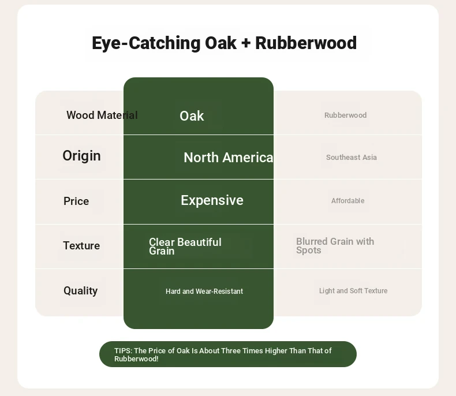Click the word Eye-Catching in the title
coord(146,43)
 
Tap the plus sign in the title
coord(246,43)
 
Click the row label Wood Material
coord(102,115)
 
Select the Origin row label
coord(82,156)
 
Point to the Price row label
coord(76,201)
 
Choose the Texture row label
coord(81,246)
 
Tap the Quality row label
coord(81,291)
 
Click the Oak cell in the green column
coord(192,116)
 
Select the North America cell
coord(229,158)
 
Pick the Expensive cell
coord(212,200)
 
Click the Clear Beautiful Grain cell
coord(185,246)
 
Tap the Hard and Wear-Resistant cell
coord(204,292)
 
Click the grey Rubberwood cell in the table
coord(346,115)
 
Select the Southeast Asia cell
coord(352,157)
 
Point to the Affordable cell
coord(348,201)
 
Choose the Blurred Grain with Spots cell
coord(335,246)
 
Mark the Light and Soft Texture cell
coord(353,291)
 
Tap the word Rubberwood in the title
coord(306,43)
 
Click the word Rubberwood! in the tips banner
coord(136,359)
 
